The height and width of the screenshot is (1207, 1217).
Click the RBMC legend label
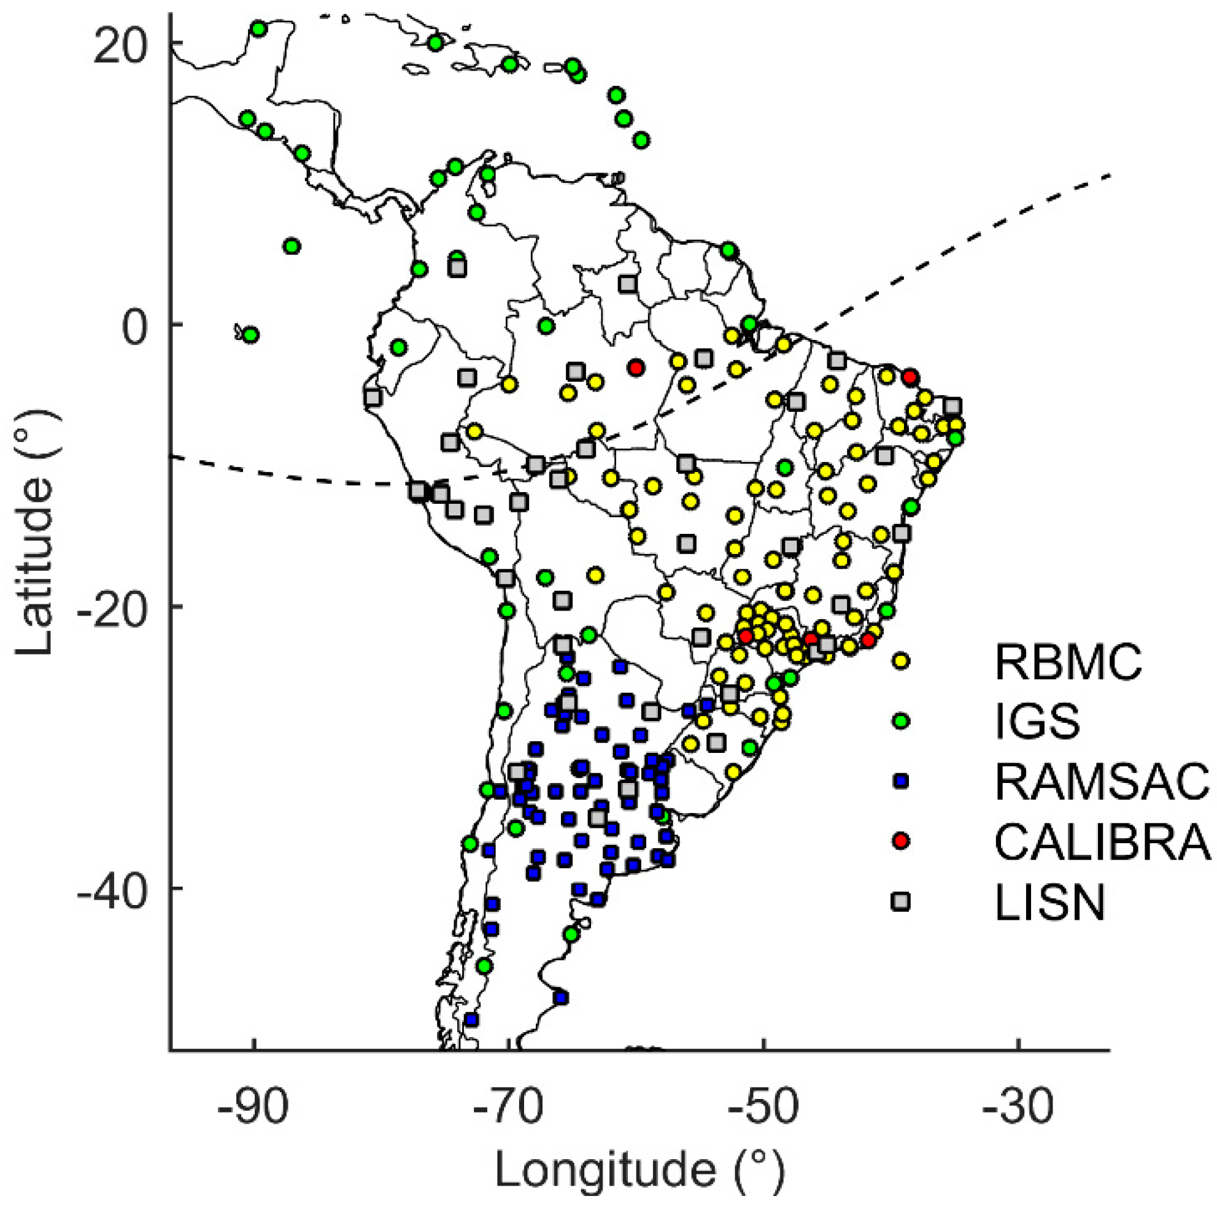(1068, 662)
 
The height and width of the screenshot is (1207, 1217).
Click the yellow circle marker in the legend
(901, 661)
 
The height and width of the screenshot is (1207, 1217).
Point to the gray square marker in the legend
(901, 902)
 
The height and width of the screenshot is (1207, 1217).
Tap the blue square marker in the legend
(901, 781)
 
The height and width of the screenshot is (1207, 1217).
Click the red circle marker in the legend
(901, 841)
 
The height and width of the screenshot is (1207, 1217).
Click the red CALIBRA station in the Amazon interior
(636, 368)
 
